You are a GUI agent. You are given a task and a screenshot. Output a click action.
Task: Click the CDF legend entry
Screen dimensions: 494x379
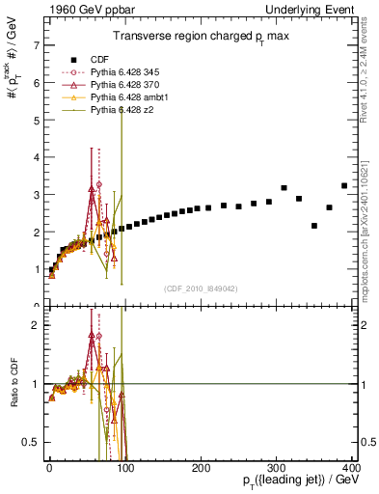(x=96, y=60)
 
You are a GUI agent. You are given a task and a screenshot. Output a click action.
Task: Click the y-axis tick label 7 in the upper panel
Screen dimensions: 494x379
(x=35, y=45)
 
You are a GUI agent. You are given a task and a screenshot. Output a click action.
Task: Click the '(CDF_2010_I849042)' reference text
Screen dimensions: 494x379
(x=201, y=287)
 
